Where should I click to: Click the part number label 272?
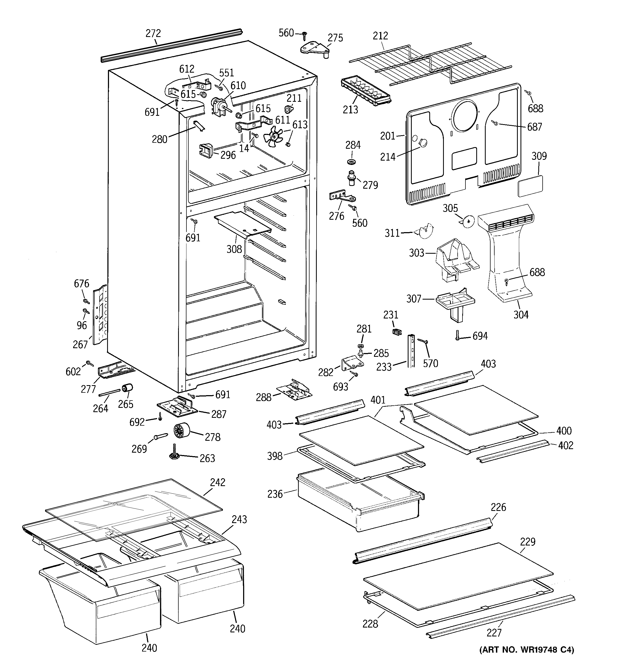[153, 33]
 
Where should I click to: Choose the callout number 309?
[539, 156]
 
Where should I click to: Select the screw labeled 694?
[457, 335]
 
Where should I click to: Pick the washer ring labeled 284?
[352, 162]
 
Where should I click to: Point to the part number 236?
[275, 494]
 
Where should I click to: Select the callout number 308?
[234, 249]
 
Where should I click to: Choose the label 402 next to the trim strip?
[566, 445]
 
